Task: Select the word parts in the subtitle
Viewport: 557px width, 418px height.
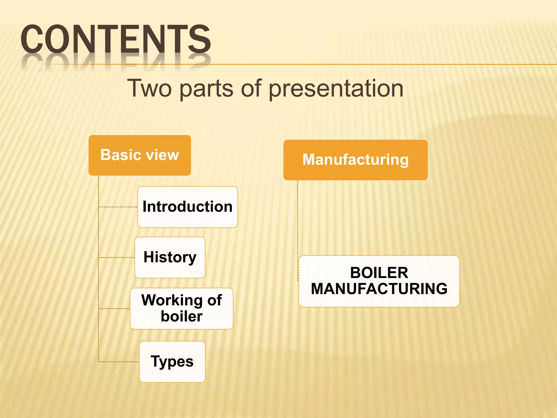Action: click(x=206, y=89)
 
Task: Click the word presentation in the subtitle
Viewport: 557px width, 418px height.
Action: click(x=336, y=89)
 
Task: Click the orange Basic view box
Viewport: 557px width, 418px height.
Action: click(x=140, y=155)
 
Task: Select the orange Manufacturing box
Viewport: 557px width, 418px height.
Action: click(x=355, y=160)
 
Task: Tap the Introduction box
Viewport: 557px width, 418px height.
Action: click(x=187, y=207)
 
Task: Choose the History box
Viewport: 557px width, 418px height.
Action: click(x=170, y=257)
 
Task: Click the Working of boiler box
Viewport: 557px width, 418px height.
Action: click(x=181, y=308)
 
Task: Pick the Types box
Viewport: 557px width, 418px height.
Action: click(x=172, y=362)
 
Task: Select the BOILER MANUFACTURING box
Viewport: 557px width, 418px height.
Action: click(x=379, y=281)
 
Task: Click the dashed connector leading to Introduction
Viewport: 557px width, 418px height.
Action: click(x=118, y=207)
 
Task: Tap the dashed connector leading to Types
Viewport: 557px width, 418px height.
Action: click(x=119, y=362)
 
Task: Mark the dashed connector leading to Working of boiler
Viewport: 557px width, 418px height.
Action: click(x=114, y=309)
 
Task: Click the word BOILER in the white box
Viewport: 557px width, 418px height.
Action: click(x=379, y=273)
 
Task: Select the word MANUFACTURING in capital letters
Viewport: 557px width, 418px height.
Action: click(x=379, y=289)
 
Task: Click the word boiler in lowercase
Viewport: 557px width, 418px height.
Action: click(x=181, y=316)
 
